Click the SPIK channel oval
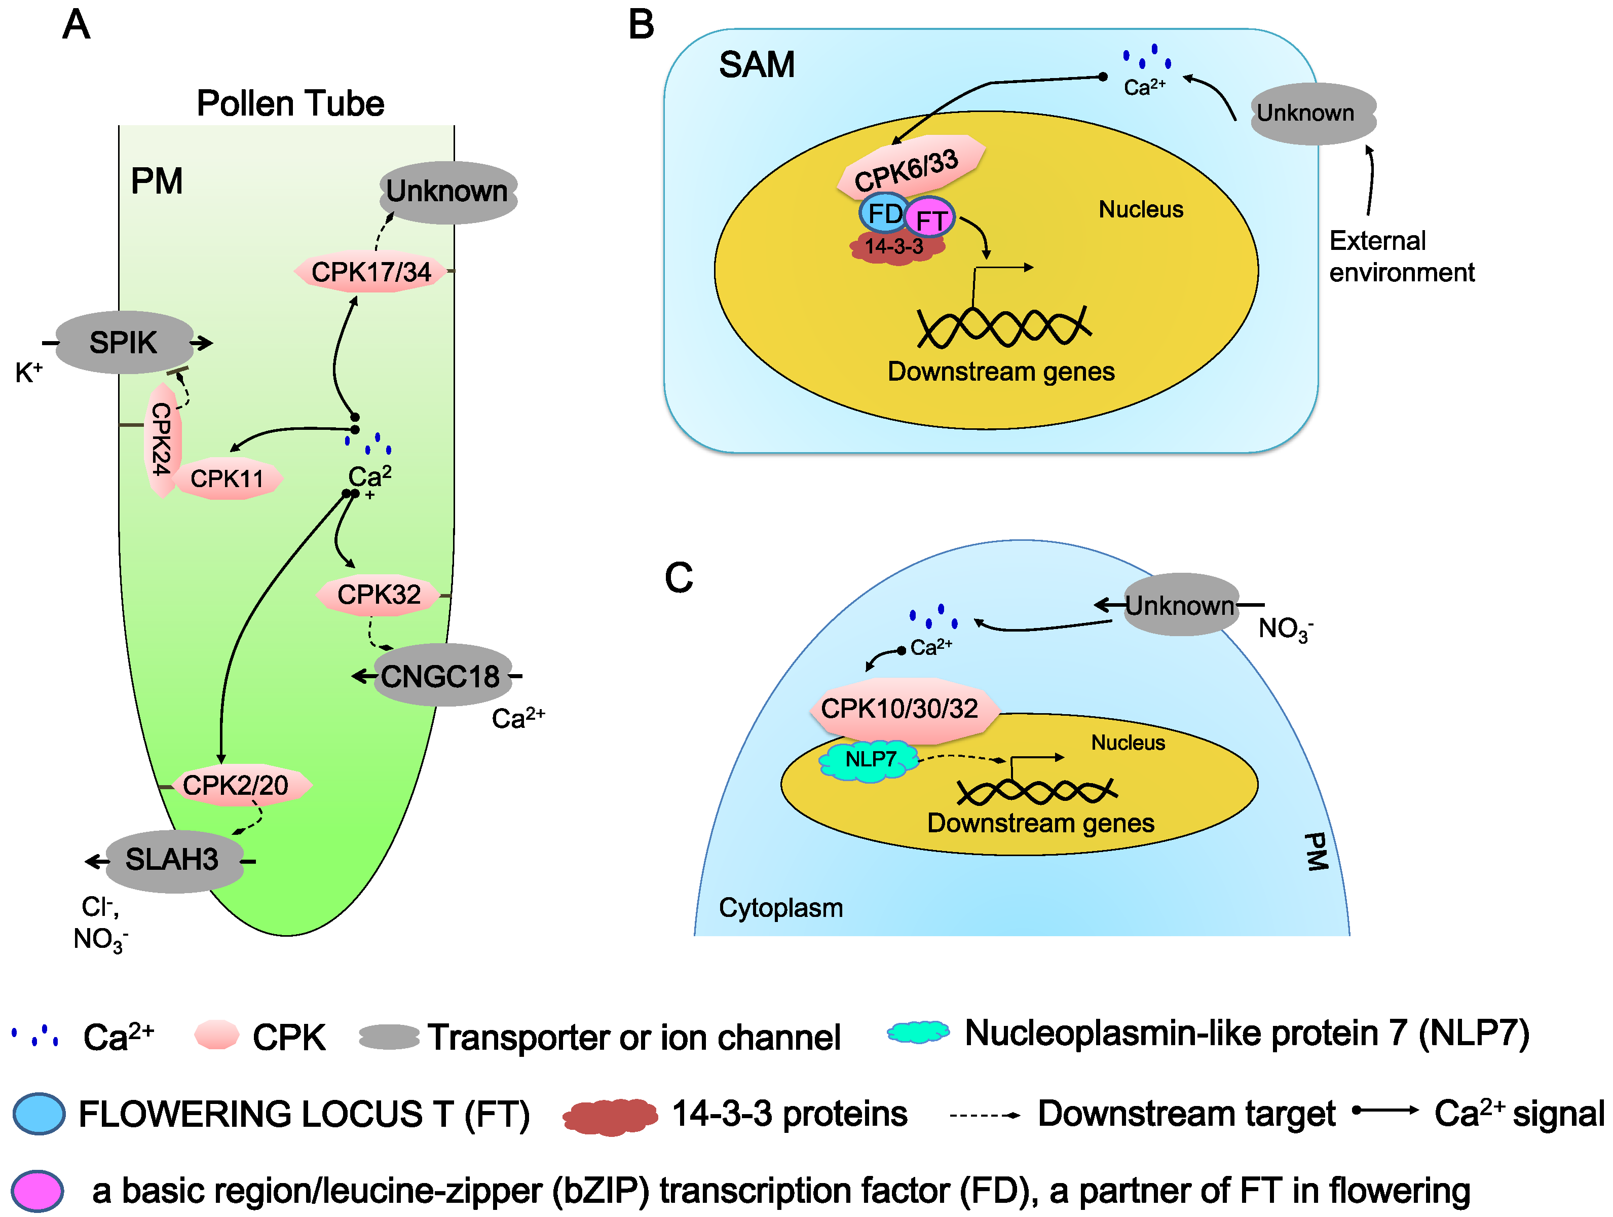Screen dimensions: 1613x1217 click(x=125, y=342)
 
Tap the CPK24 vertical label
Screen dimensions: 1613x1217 click(x=162, y=439)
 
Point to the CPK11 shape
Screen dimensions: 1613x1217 click(x=228, y=478)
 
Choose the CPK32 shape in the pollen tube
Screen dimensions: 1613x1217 click(x=379, y=594)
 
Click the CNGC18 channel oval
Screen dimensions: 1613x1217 click(x=442, y=675)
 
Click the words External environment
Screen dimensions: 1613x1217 click(x=1401, y=256)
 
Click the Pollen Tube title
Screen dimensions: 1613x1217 click(x=290, y=103)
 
